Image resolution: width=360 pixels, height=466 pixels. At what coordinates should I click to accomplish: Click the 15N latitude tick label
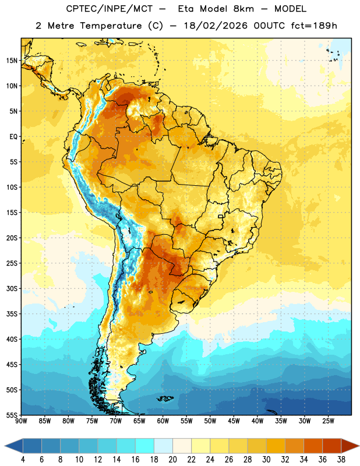[x=12, y=61]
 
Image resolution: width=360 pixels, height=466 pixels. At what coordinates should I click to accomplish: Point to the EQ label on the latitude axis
[x=13, y=137]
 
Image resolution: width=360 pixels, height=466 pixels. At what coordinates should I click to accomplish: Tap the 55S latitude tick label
[x=12, y=415]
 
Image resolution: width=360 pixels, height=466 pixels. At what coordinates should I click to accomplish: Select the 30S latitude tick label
[x=12, y=288]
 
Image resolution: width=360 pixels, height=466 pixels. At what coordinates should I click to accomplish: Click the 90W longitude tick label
[x=21, y=421]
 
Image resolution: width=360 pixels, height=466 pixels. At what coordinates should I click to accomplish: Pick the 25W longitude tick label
[x=328, y=421]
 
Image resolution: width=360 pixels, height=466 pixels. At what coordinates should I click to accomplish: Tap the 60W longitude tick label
[x=163, y=421]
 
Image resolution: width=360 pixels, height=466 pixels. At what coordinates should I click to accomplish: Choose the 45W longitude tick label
[x=234, y=421]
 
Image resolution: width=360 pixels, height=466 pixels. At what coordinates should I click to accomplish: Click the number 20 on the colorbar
[x=172, y=460]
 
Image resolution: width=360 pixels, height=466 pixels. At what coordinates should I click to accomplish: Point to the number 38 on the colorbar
[x=341, y=460]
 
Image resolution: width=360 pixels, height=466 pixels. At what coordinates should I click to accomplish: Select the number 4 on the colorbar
[x=23, y=460]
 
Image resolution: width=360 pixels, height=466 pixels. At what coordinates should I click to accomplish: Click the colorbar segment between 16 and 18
[x=145, y=446]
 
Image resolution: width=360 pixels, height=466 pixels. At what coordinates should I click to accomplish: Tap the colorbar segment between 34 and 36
[x=313, y=446]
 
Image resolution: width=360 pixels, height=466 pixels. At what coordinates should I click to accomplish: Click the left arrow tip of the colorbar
[x=5, y=446]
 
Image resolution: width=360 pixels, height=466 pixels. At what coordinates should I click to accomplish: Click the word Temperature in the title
[x=111, y=26]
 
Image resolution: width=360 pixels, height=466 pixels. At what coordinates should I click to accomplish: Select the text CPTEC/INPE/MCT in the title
[x=109, y=9]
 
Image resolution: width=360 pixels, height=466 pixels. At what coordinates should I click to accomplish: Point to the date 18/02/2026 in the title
[x=216, y=26]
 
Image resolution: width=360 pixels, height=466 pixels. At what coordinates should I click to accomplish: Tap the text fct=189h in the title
[x=314, y=26]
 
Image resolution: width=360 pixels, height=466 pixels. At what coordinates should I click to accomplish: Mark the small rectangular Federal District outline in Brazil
[x=221, y=216]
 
